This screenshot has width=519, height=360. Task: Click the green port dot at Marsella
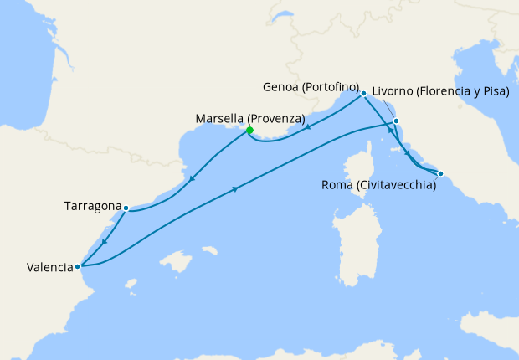[x=249, y=130]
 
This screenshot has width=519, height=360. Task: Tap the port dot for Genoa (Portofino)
[x=363, y=93]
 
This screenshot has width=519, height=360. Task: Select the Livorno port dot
[x=396, y=121]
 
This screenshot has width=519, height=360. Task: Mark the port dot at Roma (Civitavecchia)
[x=441, y=174]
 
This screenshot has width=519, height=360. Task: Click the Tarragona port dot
[x=126, y=208]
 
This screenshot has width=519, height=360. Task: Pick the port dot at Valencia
[x=78, y=267]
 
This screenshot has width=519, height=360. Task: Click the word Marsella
[x=219, y=119]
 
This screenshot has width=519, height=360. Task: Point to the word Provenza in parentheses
[x=275, y=119]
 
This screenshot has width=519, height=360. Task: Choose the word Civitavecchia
[x=397, y=186]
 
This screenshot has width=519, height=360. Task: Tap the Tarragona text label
[x=92, y=206]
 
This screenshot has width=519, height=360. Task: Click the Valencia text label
[x=49, y=268]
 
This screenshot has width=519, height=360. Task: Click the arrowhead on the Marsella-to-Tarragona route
[x=193, y=178]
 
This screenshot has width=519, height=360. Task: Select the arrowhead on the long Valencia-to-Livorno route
[x=235, y=189]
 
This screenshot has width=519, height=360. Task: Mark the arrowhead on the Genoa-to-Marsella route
[x=309, y=127]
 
